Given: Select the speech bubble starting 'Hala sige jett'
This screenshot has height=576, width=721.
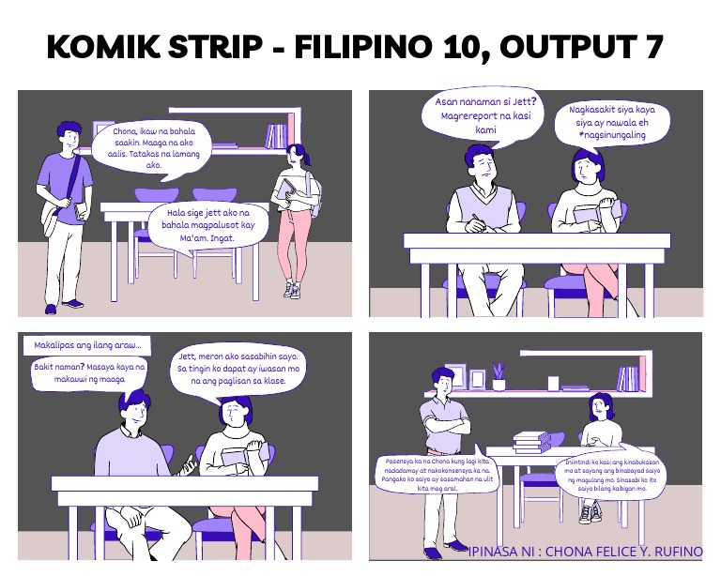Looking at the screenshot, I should pyautogui.click(x=208, y=225).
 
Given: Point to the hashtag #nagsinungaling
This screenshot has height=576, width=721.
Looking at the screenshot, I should pyautogui.click(x=612, y=136).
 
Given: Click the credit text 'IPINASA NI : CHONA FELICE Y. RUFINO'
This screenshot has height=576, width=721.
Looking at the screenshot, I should pyautogui.click(x=584, y=551).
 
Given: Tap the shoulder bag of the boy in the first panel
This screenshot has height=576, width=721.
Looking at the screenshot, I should pyautogui.click(x=54, y=218).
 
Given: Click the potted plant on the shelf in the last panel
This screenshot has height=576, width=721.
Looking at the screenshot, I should pyautogui.click(x=499, y=376).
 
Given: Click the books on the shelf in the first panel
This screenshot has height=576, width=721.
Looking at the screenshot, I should pyautogui.click(x=276, y=137).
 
